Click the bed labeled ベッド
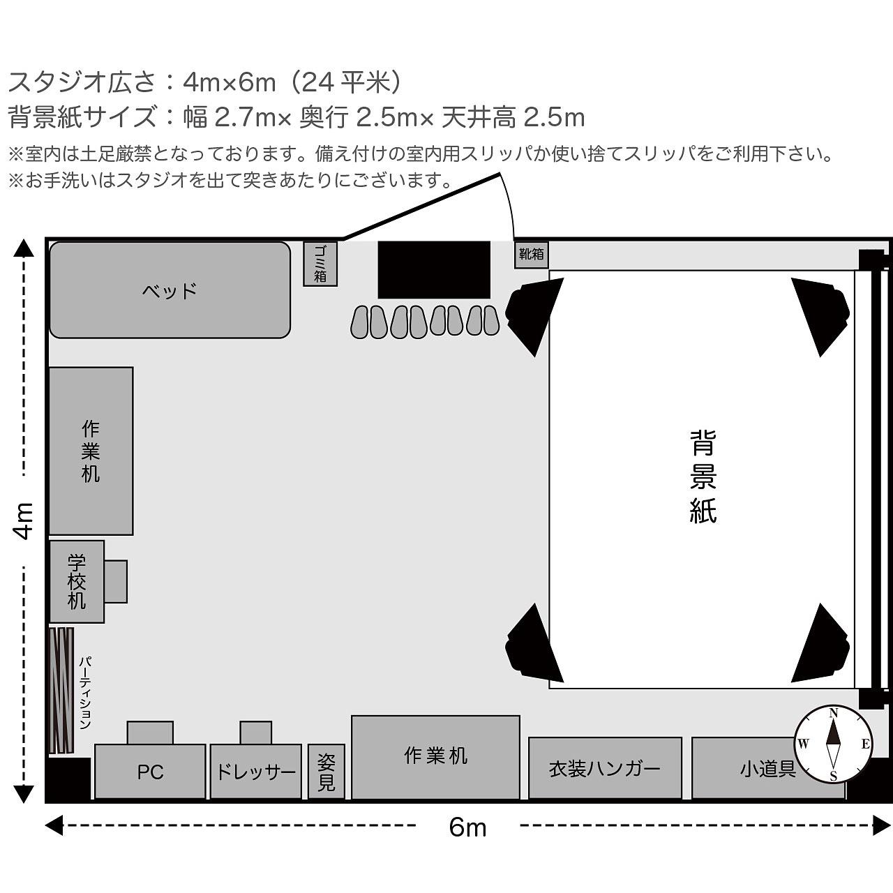pyautogui.click(x=170, y=290)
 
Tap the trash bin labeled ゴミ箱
pyautogui.click(x=320, y=264)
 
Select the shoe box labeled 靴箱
pyautogui.click(x=531, y=255)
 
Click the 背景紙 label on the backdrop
pyautogui.click(x=703, y=476)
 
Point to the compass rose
pyautogui.click(x=833, y=744)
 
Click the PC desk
pyautogui.click(x=150, y=772)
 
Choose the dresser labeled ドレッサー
pyautogui.click(x=255, y=772)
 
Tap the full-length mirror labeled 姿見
pyautogui.click(x=327, y=772)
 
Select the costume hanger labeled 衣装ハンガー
pyautogui.click(x=605, y=768)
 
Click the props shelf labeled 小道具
pyautogui.click(x=767, y=768)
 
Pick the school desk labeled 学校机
pyautogui.click(x=77, y=582)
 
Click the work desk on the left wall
pyautogui.click(x=91, y=451)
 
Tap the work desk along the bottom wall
pyautogui.click(x=435, y=756)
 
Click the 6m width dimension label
pyautogui.click(x=467, y=827)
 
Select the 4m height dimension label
pyautogui.click(x=24, y=520)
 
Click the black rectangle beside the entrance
pyautogui.click(x=434, y=270)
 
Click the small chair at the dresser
pyautogui.click(x=256, y=733)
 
